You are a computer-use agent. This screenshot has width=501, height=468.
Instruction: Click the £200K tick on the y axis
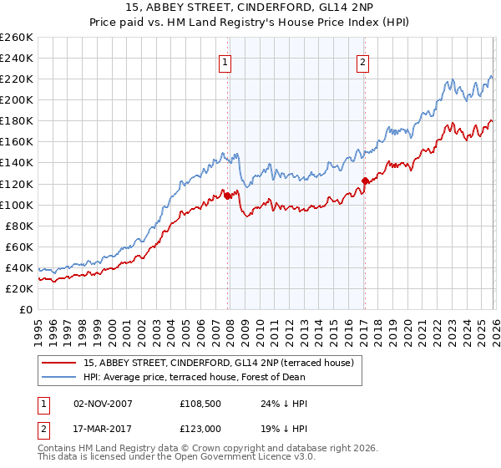(x=17, y=99)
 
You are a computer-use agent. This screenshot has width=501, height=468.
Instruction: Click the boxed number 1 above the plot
(x=225, y=61)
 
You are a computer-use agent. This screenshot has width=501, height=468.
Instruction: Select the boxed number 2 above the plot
(x=363, y=61)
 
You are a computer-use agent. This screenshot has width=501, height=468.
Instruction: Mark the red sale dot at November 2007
(x=227, y=196)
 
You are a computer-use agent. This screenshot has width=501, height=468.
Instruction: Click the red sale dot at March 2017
(x=365, y=181)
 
